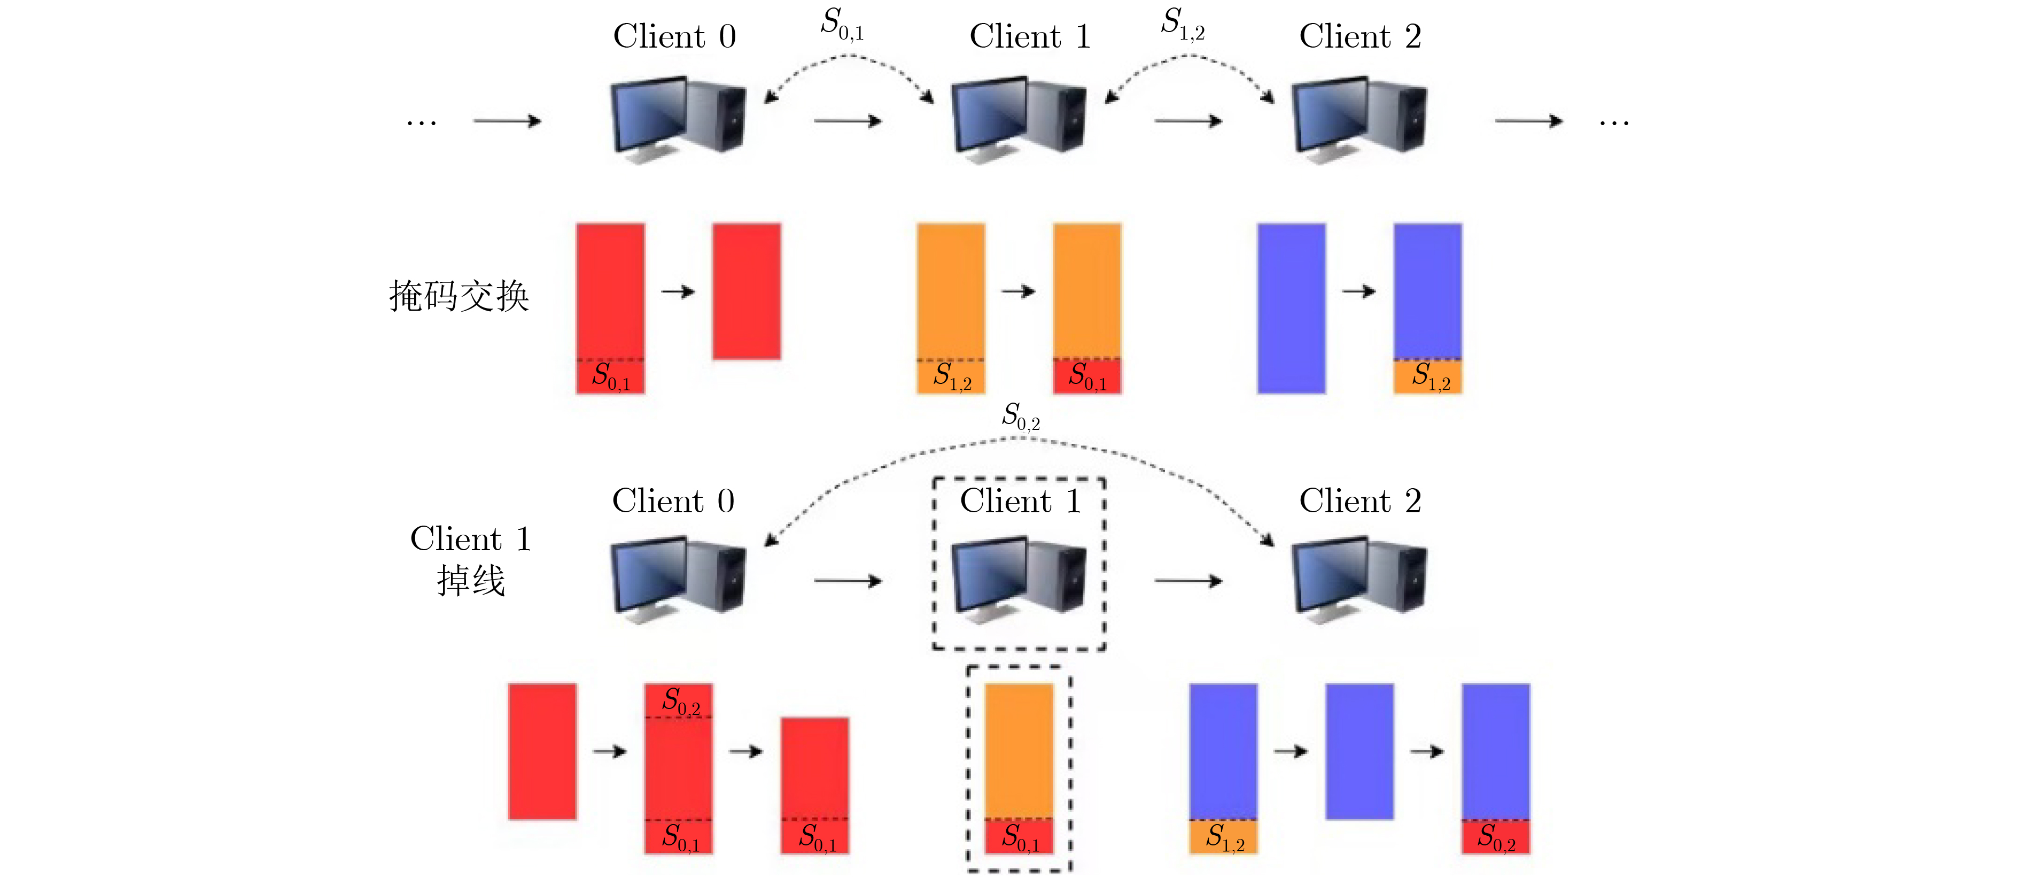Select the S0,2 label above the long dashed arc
pos(1021,417)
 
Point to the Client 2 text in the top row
pos(1359,36)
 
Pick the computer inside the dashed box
pos(1018,578)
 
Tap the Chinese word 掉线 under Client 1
pos(470,581)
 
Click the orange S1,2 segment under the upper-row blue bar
pos(1427,376)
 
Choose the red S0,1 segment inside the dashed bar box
pos(1019,836)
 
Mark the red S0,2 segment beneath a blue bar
pos(1495,836)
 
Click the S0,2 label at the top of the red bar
pos(680,700)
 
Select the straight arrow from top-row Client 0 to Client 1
pos(848,121)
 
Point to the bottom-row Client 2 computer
pos(1359,578)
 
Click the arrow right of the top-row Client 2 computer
pos(1528,121)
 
